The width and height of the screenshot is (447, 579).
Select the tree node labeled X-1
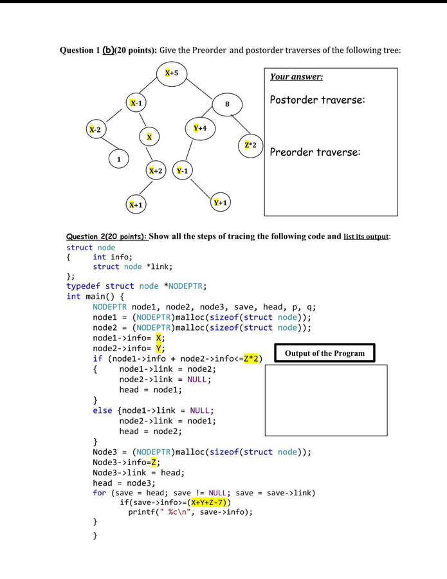coord(136,103)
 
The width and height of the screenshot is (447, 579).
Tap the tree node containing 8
coord(227,104)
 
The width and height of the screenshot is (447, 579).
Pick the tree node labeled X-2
coord(95,130)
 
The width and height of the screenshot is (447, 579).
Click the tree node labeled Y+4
coord(200,129)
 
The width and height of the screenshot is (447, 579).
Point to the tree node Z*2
coord(251,145)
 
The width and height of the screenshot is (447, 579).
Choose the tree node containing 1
coord(118,158)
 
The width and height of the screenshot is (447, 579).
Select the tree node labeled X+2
coord(156,171)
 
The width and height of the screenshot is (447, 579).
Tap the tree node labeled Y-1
coord(182,171)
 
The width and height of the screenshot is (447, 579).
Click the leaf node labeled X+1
coord(136,205)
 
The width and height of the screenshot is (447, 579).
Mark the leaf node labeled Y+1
coord(221,203)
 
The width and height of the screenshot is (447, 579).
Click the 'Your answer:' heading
coord(296,77)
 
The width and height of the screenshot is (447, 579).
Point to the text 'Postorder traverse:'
coord(318,100)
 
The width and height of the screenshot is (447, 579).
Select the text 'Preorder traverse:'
coord(315,152)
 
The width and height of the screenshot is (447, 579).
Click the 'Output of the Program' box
coord(325,353)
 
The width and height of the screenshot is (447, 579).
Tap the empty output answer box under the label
coord(326,400)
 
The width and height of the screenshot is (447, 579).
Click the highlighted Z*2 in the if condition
coord(251,358)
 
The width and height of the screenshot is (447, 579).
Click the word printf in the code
coord(142,512)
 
